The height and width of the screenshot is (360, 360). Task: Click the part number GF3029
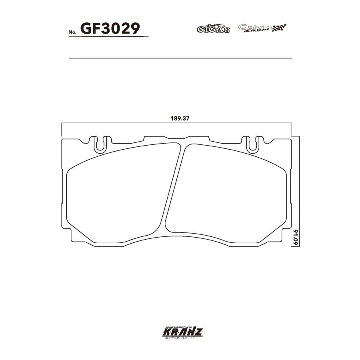(110, 28)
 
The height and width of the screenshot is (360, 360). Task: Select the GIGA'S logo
(213, 28)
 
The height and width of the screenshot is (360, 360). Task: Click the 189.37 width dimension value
(179, 119)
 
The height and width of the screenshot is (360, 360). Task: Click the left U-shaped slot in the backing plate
(101, 144)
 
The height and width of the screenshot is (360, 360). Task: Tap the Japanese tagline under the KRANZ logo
(180, 338)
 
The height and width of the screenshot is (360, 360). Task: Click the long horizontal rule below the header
(180, 58)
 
